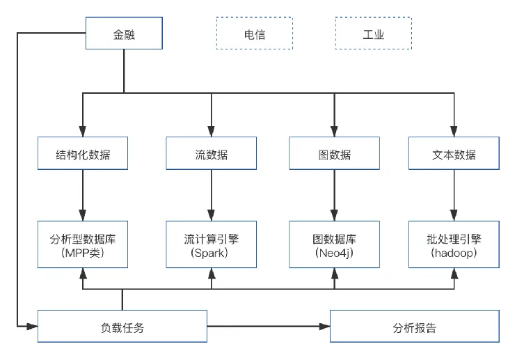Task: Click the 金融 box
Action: tap(123, 33)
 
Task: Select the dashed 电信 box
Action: tap(255, 33)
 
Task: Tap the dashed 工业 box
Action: tap(373, 33)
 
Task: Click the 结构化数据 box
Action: tap(83, 155)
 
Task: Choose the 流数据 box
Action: tap(211, 155)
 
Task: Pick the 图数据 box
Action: tap(333, 155)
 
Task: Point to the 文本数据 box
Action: tap(454, 155)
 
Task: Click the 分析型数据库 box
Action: tap(83, 244)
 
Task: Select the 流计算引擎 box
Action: tap(211, 244)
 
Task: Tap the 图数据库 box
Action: tap(333, 244)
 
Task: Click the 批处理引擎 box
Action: tap(454, 244)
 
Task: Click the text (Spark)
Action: tap(211, 253)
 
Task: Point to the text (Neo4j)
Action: tap(333, 253)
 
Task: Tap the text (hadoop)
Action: tap(454, 253)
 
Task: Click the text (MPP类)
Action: tap(83, 253)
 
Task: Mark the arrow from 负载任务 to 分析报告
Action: tap(269, 326)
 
